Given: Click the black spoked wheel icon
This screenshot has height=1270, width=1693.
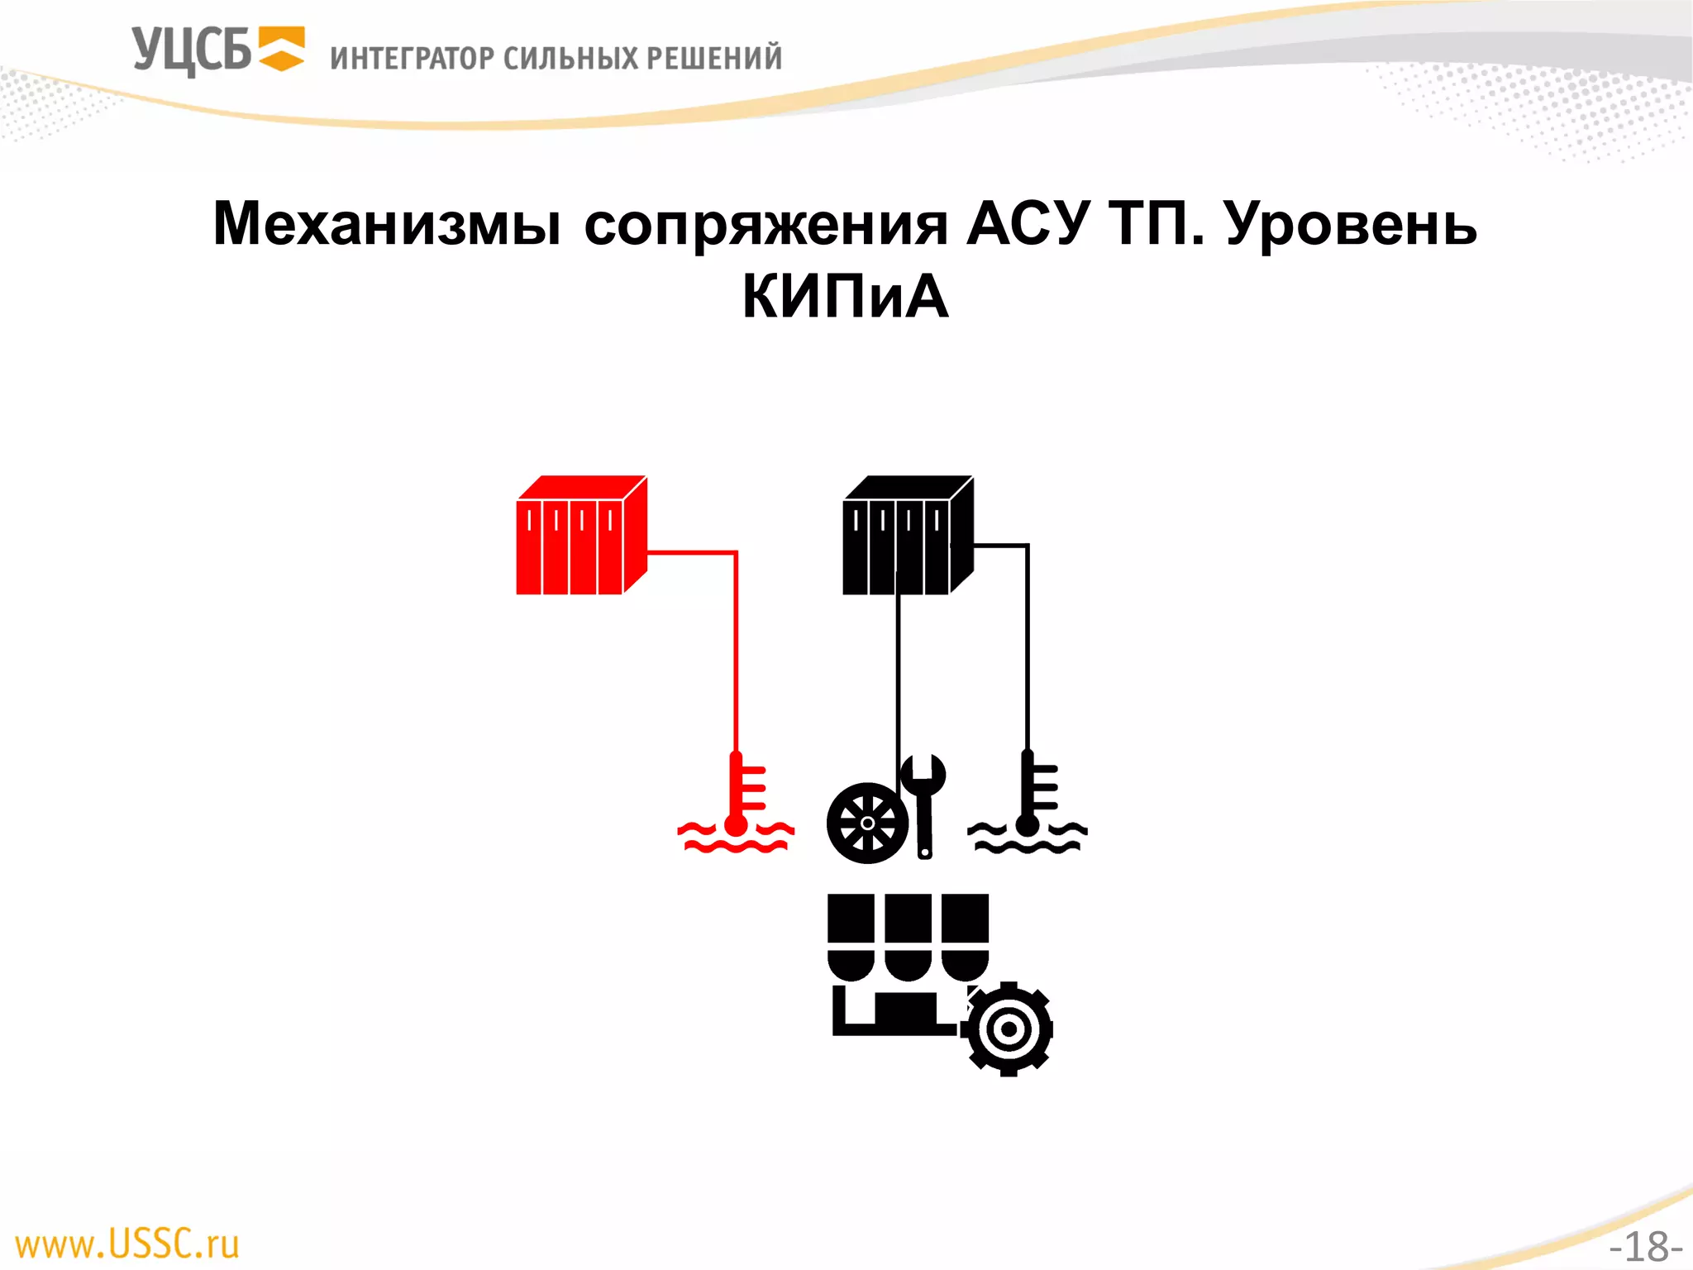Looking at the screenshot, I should click(867, 824).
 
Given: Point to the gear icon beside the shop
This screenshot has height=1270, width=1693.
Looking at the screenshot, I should click(1008, 1029).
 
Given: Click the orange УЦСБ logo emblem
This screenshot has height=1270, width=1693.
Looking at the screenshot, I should click(282, 49).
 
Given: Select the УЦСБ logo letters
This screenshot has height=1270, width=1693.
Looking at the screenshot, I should click(191, 50).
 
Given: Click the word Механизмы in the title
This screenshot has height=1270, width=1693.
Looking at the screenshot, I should click(387, 225).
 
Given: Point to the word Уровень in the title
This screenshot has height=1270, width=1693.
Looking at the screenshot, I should click(1351, 225).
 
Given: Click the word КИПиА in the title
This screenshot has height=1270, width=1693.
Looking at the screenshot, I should click(845, 297).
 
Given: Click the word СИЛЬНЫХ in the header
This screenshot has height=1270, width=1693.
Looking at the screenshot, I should click(570, 59).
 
